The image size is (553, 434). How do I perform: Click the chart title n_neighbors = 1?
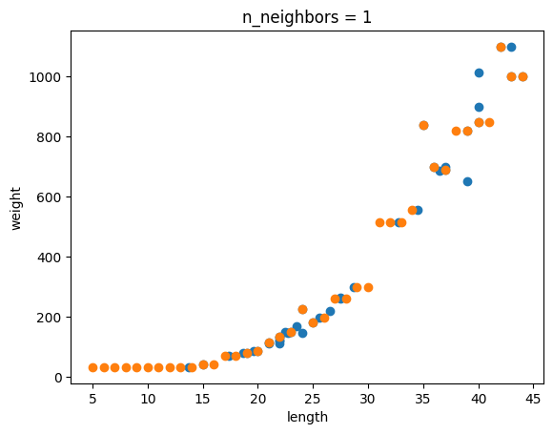pos(307,17)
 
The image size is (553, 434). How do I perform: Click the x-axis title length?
pos(307,417)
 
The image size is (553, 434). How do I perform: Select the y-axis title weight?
pos(16,209)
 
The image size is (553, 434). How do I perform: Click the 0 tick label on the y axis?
pos(59,378)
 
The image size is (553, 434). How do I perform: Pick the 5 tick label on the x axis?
pos(92,399)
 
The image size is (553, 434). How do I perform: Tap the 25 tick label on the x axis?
pos(313,399)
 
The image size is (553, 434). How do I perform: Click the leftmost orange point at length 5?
pos(92,367)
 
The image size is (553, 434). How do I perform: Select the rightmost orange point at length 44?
pos(522,77)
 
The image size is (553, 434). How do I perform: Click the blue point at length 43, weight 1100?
pos(511,48)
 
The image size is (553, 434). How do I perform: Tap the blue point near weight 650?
pos(467,182)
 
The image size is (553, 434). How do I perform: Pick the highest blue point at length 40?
pos(479,73)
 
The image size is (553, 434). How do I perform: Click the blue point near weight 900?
pos(479,107)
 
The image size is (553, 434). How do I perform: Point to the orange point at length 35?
pos(423,125)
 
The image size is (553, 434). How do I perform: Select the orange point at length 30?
pos(368,287)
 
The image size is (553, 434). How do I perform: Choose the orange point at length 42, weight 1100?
pos(501,48)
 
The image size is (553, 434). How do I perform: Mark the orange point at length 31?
pos(379,222)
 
